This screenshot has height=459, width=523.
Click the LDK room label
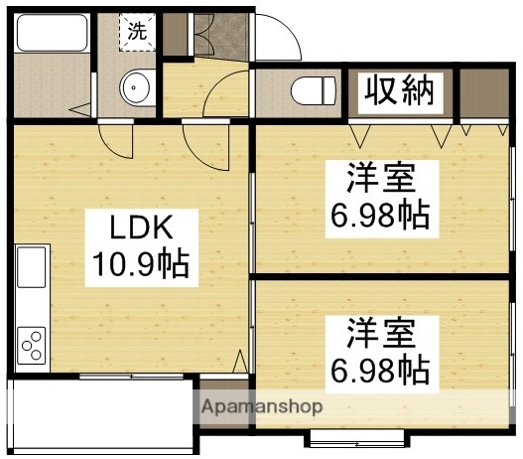(x=138, y=229)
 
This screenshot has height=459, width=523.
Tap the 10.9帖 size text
(x=138, y=265)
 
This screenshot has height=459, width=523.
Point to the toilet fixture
(x=315, y=90)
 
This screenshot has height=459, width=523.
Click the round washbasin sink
(x=135, y=87)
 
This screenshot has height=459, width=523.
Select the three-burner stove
(x=31, y=347)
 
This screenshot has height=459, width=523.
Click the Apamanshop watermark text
(x=262, y=406)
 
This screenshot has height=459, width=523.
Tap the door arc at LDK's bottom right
(x=239, y=364)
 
